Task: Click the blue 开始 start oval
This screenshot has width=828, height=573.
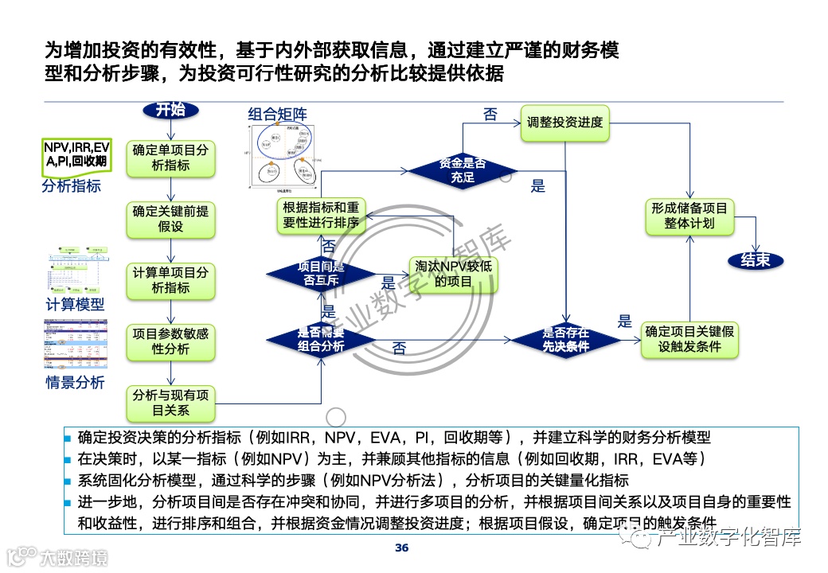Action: [x=170, y=110]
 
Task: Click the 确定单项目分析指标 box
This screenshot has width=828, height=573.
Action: [x=171, y=158]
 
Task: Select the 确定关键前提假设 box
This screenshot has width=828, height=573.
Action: [x=171, y=219]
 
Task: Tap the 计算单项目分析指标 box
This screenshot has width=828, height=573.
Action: [x=171, y=280]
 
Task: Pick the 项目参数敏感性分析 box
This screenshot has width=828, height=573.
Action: [x=171, y=341]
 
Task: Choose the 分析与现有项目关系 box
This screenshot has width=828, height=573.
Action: [x=171, y=403]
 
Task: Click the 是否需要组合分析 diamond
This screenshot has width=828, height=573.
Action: [x=322, y=339]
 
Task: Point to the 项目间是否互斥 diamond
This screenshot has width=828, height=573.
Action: [x=322, y=274]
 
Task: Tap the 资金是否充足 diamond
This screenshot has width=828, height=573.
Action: [x=463, y=170]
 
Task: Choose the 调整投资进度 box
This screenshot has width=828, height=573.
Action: [x=564, y=123]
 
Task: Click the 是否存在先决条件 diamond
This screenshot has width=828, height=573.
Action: [x=566, y=340]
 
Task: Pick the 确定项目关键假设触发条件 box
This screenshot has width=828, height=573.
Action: [x=689, y=339]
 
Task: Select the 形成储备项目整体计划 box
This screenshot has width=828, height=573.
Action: [x=689, y=216]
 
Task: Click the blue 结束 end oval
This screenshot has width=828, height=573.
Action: [x=756, y=260]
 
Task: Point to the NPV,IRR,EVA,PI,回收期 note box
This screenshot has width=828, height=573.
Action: [x=76, y=154]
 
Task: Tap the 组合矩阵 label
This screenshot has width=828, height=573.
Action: [x=277, y=115]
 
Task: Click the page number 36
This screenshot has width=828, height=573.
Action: [x=402, y=548]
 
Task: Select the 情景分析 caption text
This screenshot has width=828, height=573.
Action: [x=74, y=382]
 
